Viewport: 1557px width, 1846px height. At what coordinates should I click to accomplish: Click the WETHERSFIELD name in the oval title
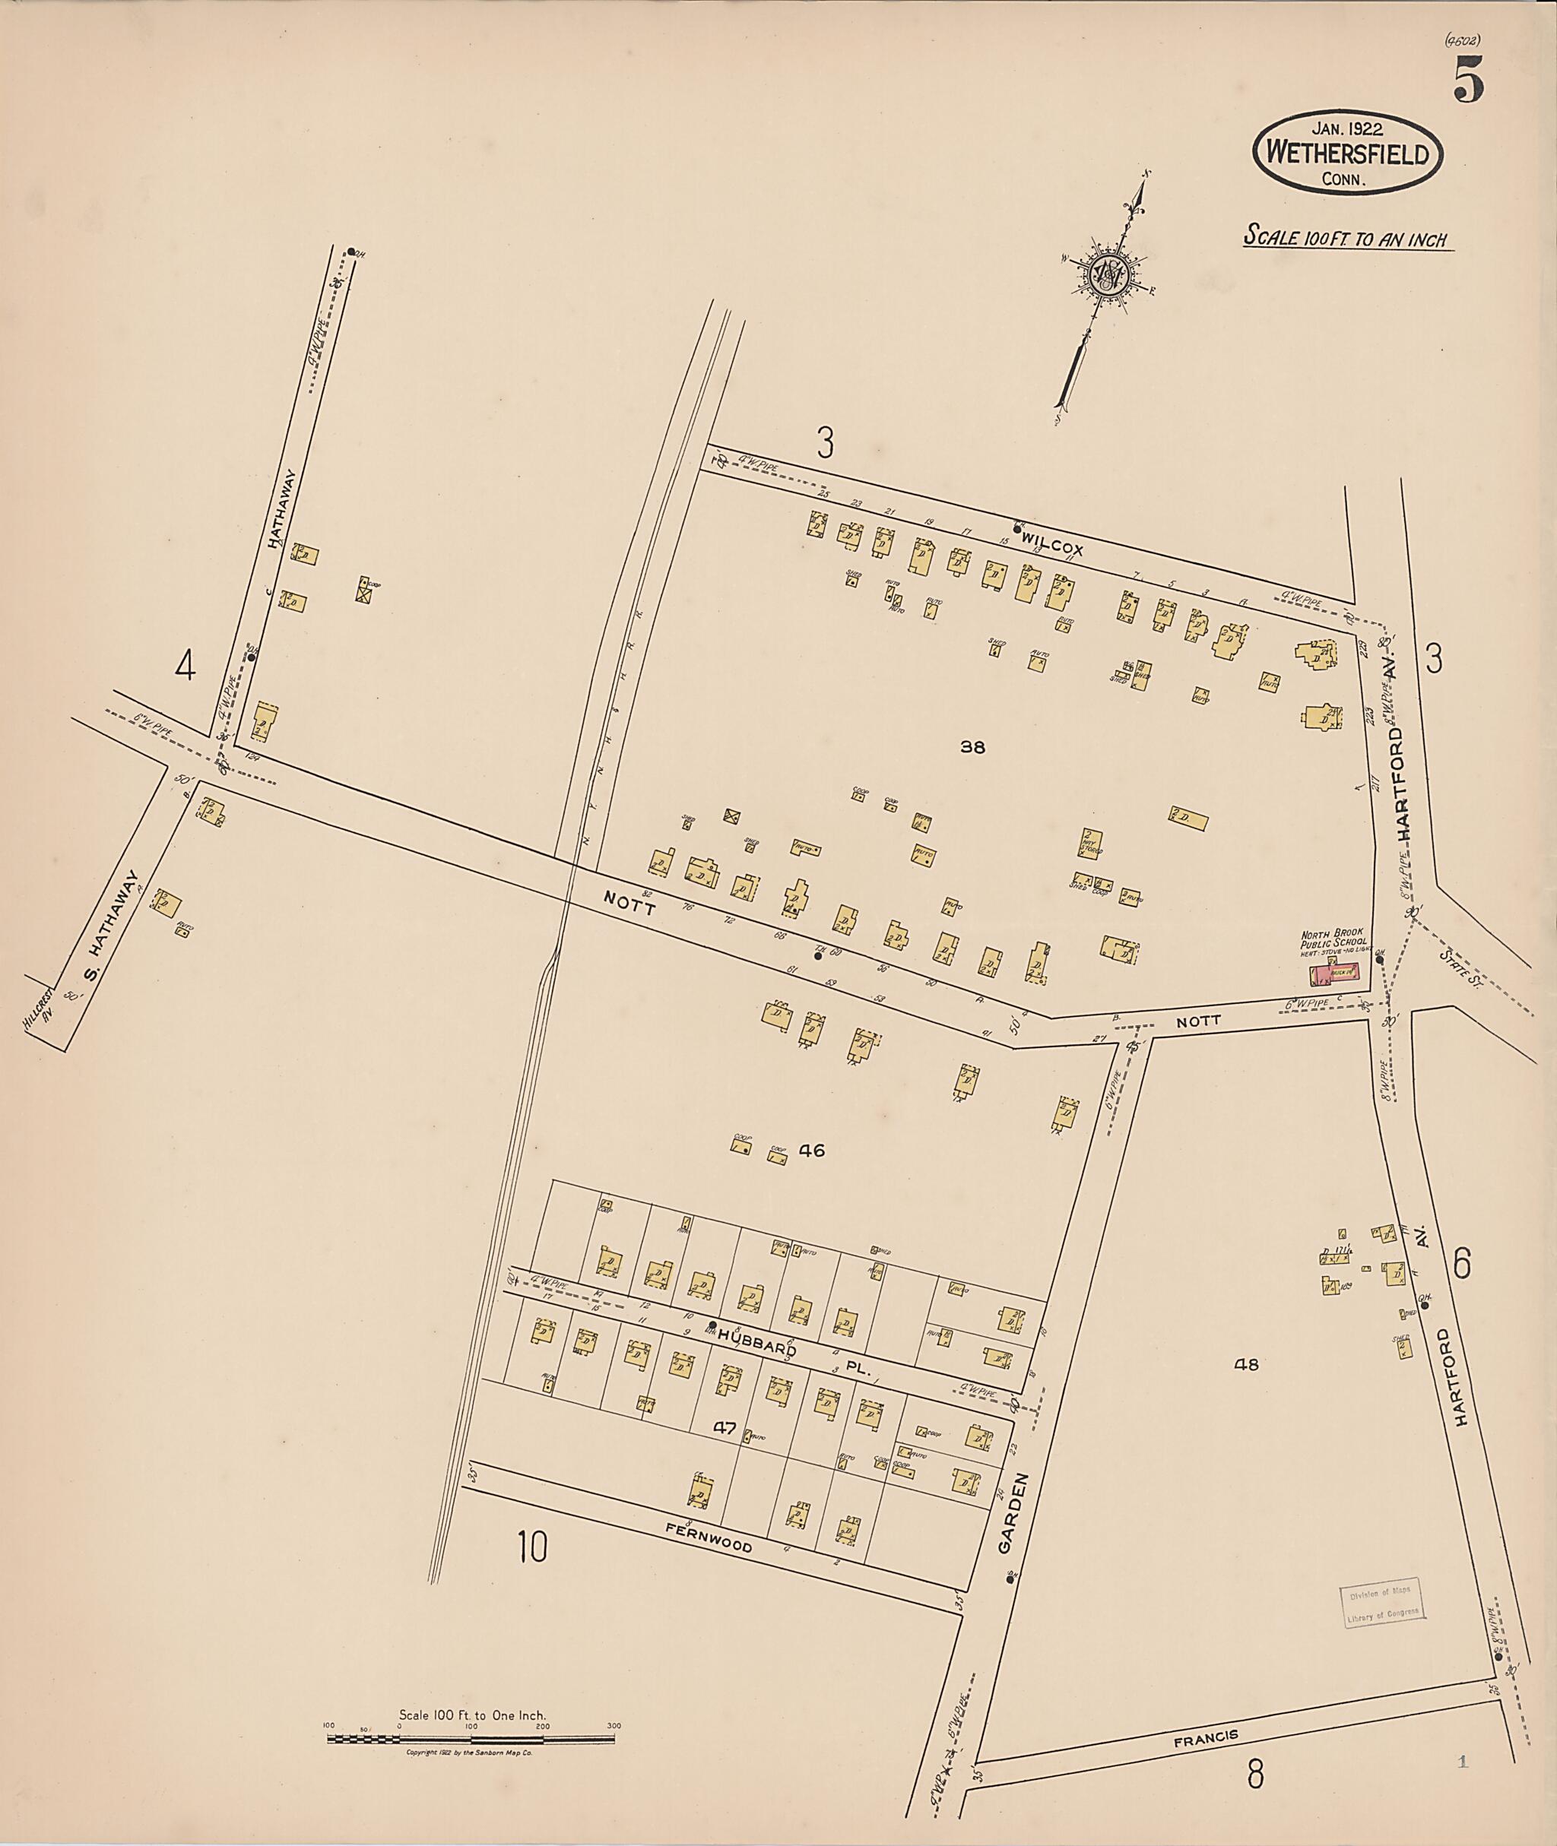(1347, 154)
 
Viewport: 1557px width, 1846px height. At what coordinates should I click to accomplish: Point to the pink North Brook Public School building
(1333, 974)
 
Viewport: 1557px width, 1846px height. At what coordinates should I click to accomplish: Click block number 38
(972, 747)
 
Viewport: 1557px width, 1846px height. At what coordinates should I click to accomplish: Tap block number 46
(811, 1150)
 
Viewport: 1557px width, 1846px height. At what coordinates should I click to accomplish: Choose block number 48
(1245, 1364)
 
